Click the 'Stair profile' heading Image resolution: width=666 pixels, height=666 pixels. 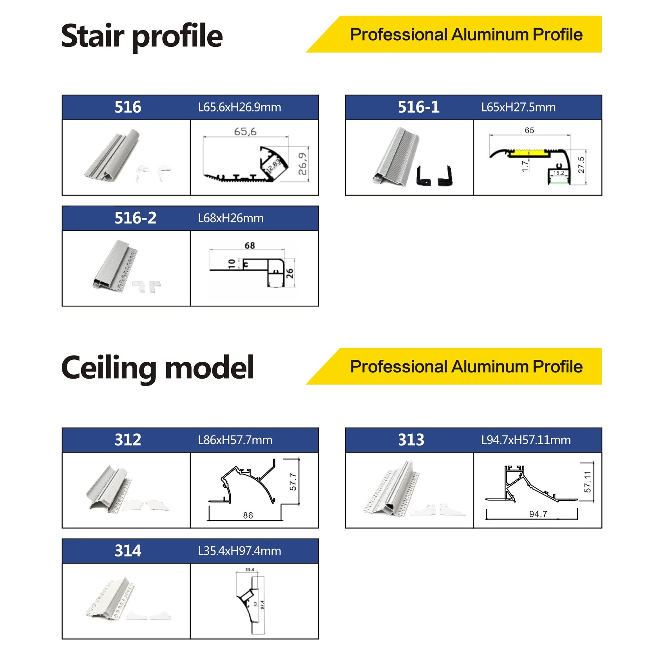pos(142,36)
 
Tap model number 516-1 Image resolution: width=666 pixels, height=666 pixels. pos(419,107)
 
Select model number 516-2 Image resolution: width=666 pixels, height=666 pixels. pos(135,218)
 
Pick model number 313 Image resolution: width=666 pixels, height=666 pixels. pos(411,440)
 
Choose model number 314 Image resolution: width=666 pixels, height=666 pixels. pos(128,550)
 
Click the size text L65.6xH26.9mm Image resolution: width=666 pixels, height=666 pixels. pos(240,107)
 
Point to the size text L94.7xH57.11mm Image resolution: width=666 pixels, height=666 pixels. pos(526,440)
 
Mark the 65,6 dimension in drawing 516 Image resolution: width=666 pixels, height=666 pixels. pos(245,131)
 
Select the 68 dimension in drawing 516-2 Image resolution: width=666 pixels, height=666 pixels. pos(250,245)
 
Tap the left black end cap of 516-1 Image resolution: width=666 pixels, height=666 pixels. pos(424,176)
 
